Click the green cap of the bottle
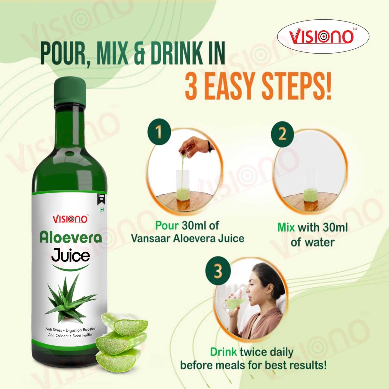pyautogui.click(x=70, y=91)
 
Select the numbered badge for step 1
pyautogui.click(x=159, y=132)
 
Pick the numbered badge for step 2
pyautogui.click(x=282, y=134)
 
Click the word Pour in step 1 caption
pyautogui.click(x=167, y=226)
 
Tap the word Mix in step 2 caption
pyautogui.click(x=286, y=227)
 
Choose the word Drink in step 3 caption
pyautogui.click(x=223, y=352)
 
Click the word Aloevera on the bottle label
pyautogui.click(x=71, y=238)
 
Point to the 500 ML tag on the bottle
pyautogui.click(x=101, y=198)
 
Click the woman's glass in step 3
pyautogui.click(x=233, y=302)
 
